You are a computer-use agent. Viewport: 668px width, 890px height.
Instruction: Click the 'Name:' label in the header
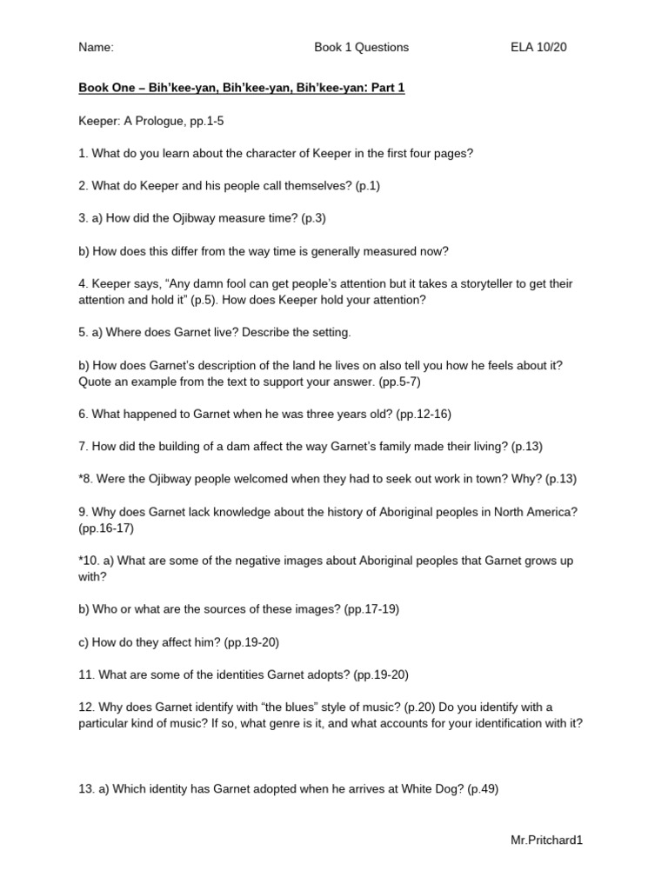pos(96,48)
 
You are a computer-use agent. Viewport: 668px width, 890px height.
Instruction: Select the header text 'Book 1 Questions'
pos(361,48)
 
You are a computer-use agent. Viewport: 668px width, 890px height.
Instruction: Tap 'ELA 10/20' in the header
pos(538,48)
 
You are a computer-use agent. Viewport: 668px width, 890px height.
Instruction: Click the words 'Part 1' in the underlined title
pos(388,88)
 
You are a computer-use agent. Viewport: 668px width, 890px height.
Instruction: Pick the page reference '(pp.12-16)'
pos(424,414)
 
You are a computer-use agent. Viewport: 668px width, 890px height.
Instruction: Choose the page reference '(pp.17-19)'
pos(371,609)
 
